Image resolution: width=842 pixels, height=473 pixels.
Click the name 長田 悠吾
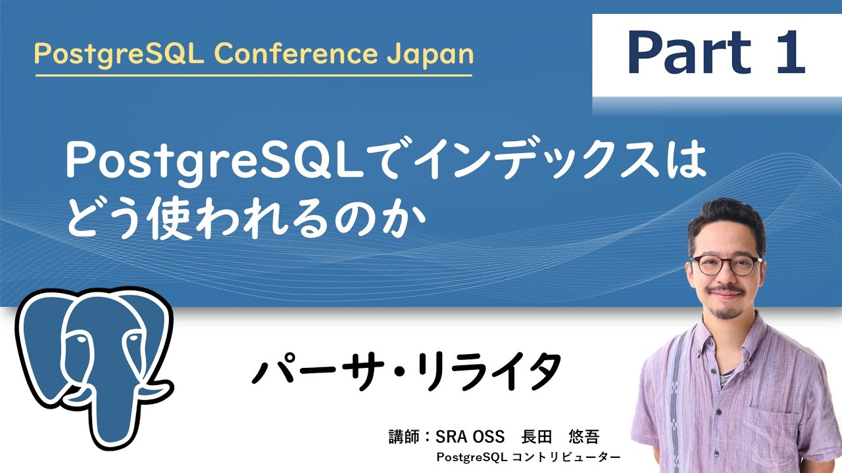coord(560,436)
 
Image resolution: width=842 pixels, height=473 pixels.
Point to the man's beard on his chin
coord(726,312)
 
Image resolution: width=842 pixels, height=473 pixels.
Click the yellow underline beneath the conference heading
coord(253,75)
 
